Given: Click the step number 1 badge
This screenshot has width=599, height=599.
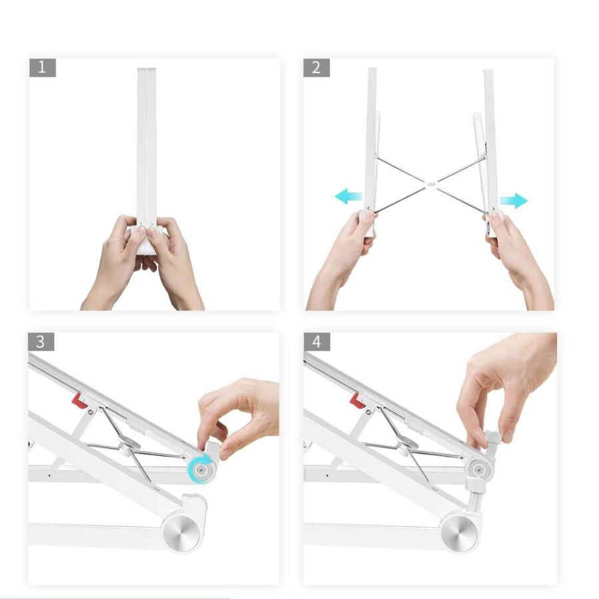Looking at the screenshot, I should coord(43,67).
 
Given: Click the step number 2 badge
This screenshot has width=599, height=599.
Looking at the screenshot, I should coord(316,67).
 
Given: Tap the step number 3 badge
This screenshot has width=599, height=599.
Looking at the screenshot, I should coord(41,341).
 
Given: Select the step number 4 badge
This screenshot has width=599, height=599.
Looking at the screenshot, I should coord(316,341).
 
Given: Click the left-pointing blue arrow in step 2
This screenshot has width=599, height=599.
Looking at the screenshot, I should coord(348,196).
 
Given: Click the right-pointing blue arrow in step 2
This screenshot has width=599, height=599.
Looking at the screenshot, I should coord(514,200).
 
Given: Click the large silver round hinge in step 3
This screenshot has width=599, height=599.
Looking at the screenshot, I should coord(181,532).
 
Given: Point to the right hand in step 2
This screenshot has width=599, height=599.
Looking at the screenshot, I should coord(516,256).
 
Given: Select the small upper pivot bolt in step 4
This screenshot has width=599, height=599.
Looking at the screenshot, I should coord(477,469).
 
